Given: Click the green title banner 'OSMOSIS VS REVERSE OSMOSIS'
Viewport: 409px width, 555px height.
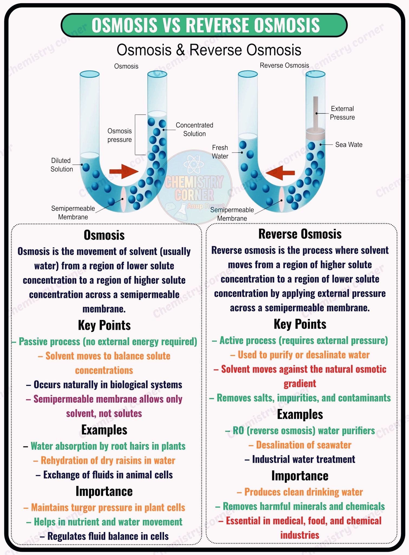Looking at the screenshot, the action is point(204,25).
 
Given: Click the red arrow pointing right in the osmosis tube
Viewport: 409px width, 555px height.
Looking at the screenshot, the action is point(124,171).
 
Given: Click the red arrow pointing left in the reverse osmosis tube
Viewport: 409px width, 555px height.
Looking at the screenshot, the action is point(280,173).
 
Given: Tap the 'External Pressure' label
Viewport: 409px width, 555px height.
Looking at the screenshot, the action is point(342,113).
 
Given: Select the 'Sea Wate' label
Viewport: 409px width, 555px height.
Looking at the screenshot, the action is point(349,145).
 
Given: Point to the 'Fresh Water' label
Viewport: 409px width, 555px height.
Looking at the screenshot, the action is point(220,152).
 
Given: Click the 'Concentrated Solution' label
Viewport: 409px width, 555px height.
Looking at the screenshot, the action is point(194,129).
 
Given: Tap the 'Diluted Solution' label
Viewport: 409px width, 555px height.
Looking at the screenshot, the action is point(61,165).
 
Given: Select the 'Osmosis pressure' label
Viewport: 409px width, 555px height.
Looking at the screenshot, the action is point(119,135).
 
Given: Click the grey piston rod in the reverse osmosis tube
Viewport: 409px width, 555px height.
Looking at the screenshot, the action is point(316,114).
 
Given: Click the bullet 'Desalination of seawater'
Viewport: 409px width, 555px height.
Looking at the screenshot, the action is point(300,445).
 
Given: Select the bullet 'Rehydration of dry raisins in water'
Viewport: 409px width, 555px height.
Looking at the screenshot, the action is point(104,460).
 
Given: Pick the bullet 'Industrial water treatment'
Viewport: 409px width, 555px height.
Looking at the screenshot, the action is point(300,459).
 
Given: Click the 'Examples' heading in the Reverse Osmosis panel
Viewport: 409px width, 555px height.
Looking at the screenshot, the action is point(300,415).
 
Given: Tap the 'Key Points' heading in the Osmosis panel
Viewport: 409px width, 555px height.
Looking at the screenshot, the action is point(104,325).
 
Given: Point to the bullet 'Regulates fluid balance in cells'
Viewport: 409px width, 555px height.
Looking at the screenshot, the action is point(104,536).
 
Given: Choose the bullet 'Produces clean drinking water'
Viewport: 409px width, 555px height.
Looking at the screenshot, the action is point(300,492).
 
